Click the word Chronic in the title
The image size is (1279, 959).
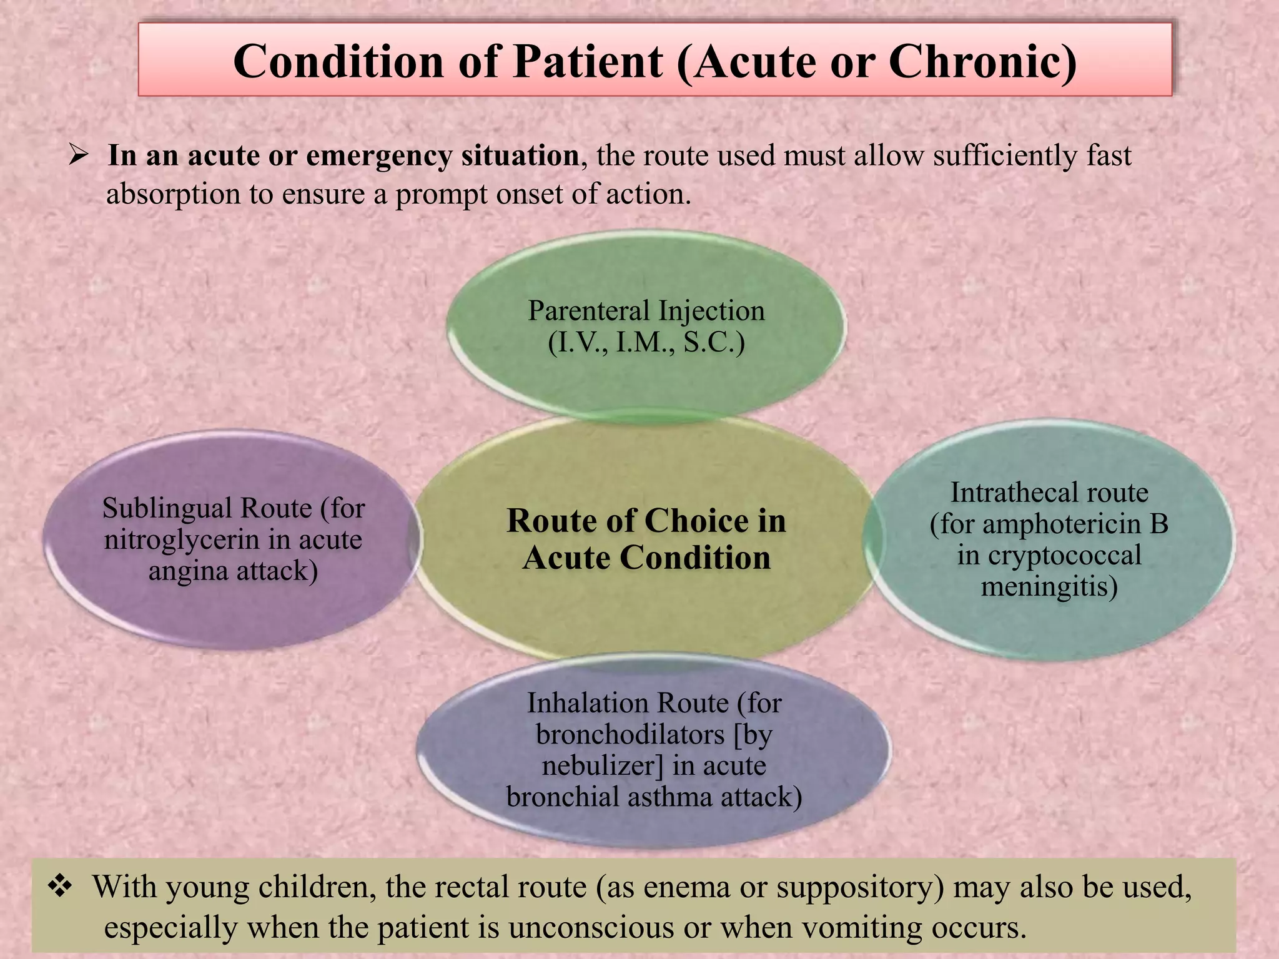(x=982, y=62)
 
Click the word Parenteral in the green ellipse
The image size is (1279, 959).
(x=589, y=310)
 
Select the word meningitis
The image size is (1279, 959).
(x=1049, y=586)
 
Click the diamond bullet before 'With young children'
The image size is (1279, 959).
(x=61, y=887)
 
